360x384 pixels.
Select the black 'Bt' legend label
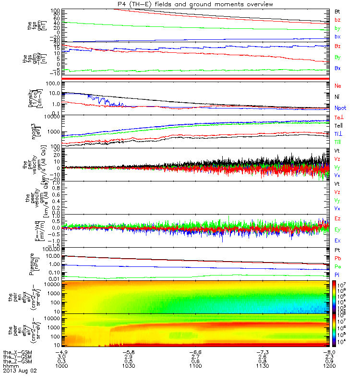[338, 11]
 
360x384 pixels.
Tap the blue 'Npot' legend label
[340, 108]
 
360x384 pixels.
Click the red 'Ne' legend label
[338, 85]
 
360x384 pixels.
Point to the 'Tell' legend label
[339, 124]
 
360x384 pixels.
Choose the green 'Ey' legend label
[338, 229]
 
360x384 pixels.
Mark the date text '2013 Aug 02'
[20, 371]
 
